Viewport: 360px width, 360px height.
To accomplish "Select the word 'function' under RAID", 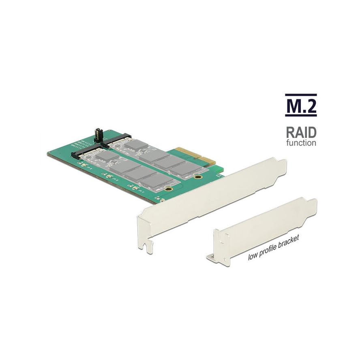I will coord(301,143).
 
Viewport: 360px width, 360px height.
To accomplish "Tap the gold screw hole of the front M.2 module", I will coord(171,189).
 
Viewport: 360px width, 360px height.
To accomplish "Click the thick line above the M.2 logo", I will coord(301,95).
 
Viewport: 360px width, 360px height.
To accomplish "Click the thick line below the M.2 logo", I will coord(301,116).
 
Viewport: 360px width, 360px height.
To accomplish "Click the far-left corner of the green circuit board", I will coord(49,153).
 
